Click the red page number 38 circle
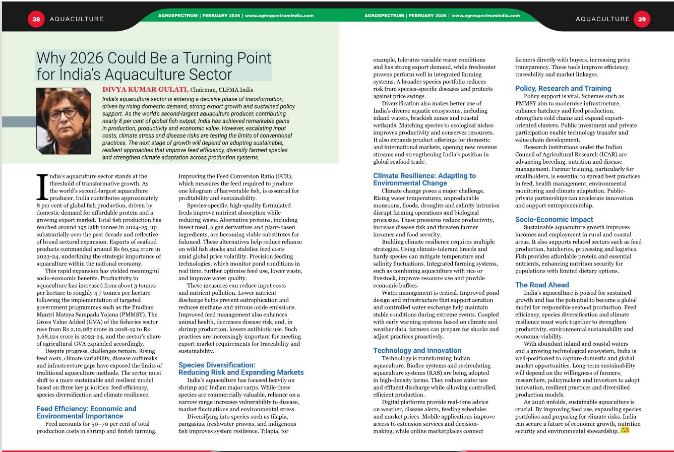tap(36, 19)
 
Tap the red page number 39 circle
tap(642, 19)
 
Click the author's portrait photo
tap(64, 121)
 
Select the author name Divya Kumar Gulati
tap(145, 90)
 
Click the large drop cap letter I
tap(42, 187)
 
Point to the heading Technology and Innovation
tap(417, 350)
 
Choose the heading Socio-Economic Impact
tap(554, 219)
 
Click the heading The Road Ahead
tap(542, 285)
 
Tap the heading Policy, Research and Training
tap(563, 88)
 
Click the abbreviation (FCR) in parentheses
tap(281, 176)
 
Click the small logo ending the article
tap(625, 430)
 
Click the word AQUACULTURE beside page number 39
tap(602, 19)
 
